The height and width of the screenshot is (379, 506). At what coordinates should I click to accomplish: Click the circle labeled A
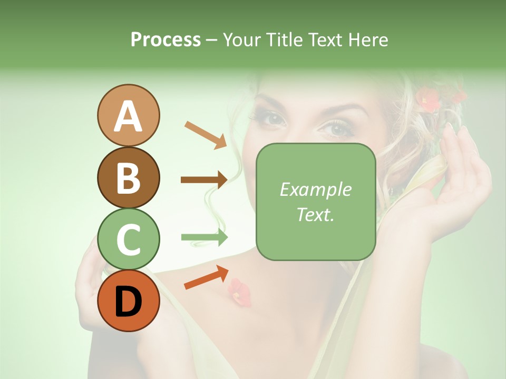click(128, 115)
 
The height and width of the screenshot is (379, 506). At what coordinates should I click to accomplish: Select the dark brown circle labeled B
click(128, 177)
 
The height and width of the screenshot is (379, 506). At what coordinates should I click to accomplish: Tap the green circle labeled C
click(128, 240)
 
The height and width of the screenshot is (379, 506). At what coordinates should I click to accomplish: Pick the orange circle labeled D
click(128, 301)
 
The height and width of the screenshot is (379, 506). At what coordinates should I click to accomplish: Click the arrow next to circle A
click(205, 134)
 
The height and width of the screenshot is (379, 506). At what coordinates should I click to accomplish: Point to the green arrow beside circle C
click(204, 237)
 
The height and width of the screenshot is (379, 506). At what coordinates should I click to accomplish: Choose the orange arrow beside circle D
click(206, 277)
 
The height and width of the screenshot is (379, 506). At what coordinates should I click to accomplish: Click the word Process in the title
click(166, 39)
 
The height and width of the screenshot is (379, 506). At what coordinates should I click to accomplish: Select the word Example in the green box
click(315, 189)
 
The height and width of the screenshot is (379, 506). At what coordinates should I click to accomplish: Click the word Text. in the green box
click(315, 214)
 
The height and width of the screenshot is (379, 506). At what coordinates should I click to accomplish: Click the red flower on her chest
click(239, 292)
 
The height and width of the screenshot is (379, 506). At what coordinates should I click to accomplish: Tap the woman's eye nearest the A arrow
click(273, 119)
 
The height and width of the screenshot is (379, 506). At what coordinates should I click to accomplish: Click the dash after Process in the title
click(211, 41)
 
